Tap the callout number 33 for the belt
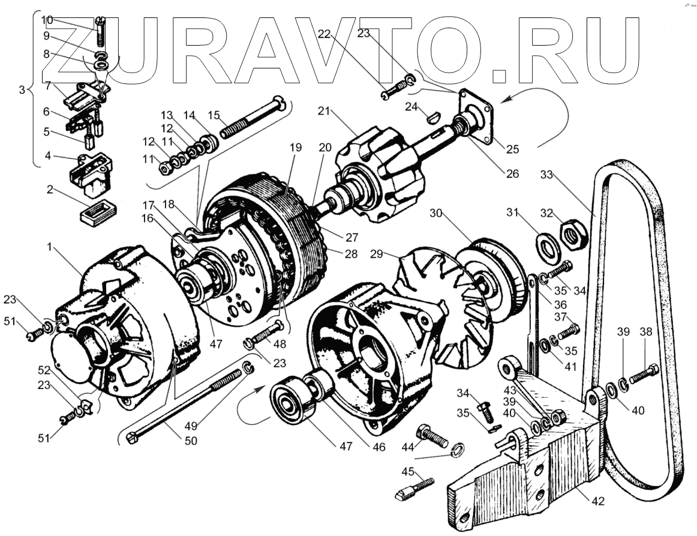[545, 176]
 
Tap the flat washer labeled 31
[546, 245]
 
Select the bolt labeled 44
[432, 436]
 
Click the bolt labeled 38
[644, 374]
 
